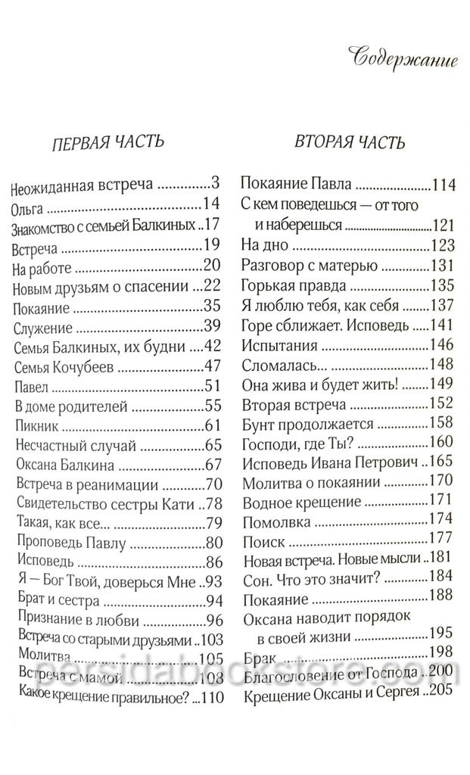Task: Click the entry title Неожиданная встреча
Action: click(x=73, y=185)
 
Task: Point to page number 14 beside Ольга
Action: click(x=211, y=204)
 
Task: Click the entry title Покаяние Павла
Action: click(x=297, y=185)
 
